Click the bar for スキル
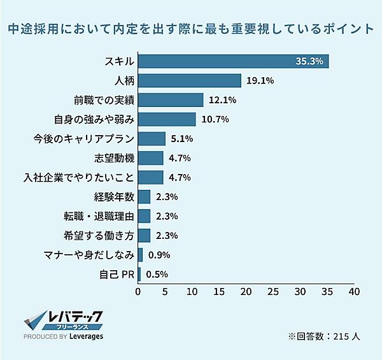coord(233,61)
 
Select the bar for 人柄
coord(190,81)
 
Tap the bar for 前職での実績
coord(171,100)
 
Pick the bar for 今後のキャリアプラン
coord(152,139)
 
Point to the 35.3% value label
coord(310,61)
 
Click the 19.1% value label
coord(260,81)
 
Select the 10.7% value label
coord(214,119)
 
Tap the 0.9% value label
coord(159,255)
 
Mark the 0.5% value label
coord(157,275)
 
